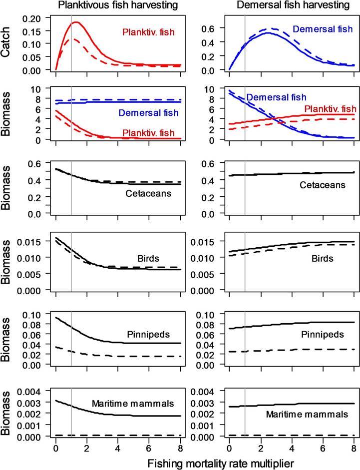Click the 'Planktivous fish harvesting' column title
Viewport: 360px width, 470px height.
(118, 6)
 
